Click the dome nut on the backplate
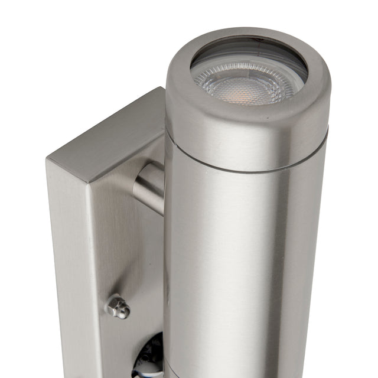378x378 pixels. coord(118,307)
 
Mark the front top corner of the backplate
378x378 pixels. coord(89,181)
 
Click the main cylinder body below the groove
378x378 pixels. coord(248,266)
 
